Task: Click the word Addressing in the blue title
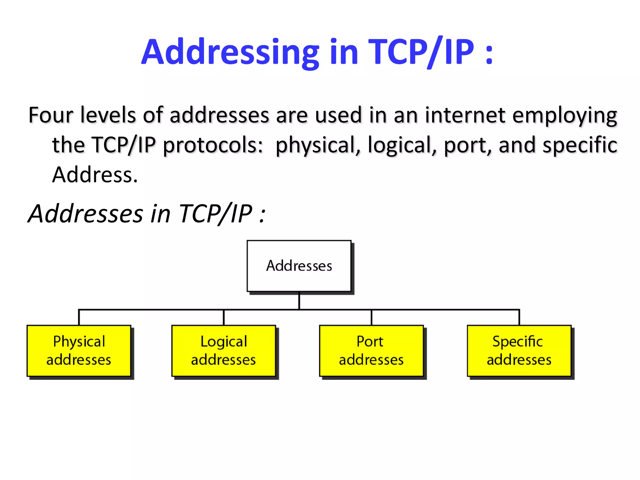pos(230,52)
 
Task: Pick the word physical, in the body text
pos(317,146)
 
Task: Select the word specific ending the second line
pos(580,146)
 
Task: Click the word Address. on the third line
pos(95,175)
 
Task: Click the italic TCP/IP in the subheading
pos(216,214)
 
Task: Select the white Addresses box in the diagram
pos(299,266)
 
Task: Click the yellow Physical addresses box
pos(79,351)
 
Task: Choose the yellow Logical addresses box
pos(223,351)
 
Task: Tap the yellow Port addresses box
pos(371,351)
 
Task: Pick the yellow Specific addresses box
pos(519,351)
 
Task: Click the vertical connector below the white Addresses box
pos(299,301)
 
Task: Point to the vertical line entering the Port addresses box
pos(371,317)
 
